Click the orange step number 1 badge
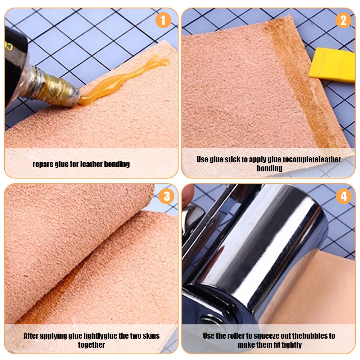tap(163, 20)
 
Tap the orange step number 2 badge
tap(343, 20)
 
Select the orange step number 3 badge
tap(166, 196)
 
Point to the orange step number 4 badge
tap(344, 196)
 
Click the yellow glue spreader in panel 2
tap(332, 65)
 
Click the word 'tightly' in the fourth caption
tap(290, 345)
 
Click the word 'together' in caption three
tap(91, 345)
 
